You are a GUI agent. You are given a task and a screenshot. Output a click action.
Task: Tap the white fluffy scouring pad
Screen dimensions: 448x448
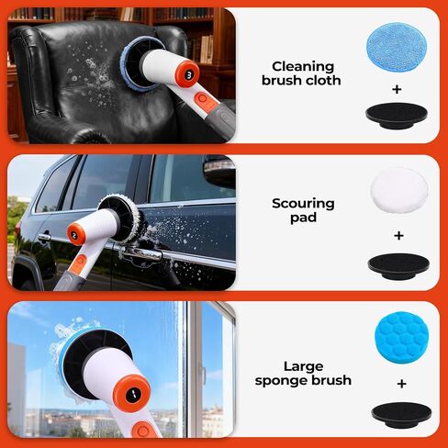(399, 190)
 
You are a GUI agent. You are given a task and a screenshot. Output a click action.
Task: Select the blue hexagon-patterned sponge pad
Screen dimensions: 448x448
(401, 338)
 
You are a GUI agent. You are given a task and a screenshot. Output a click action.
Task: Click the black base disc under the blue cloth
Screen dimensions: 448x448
(397, 116)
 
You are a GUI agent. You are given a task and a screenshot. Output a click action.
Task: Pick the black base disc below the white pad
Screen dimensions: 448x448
(398, 265)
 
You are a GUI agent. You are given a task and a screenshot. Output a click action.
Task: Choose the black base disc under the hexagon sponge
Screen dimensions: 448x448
(401, 415)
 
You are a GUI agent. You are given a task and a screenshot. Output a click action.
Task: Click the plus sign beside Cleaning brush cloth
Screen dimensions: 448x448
(397, 89)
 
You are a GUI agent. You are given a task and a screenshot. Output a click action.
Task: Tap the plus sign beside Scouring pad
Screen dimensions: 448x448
(398, 235)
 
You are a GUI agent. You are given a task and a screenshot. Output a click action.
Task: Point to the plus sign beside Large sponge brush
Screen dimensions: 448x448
(401, 384)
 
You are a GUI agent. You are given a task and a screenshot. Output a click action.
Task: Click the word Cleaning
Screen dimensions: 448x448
(303, 67)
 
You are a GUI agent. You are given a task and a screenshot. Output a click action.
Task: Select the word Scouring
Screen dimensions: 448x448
(303, 204)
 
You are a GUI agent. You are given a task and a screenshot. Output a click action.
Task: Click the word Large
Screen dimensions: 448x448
(303, 366)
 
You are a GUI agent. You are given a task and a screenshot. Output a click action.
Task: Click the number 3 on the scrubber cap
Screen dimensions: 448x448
(189, 75)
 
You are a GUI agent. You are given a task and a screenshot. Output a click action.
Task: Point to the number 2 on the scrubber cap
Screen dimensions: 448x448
(74, 236)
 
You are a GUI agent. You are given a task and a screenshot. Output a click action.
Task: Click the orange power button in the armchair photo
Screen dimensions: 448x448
(202, 99)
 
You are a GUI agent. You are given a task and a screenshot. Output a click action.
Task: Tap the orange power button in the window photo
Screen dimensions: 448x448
(143, 431)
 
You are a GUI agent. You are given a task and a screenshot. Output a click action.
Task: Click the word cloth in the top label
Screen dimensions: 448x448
(323, 80)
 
